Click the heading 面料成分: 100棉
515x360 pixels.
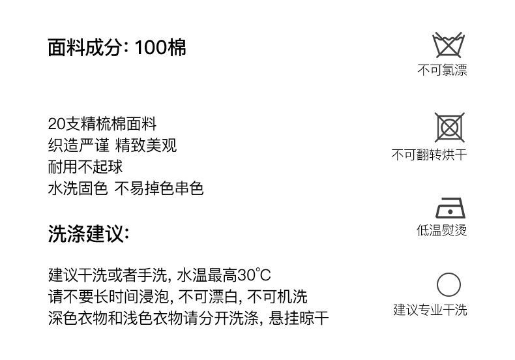tap(117, 48)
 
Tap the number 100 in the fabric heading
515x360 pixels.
tap(151, 48)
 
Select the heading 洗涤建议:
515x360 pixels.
tap(89, 234)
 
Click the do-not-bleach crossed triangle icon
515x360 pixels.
tap(449, 44)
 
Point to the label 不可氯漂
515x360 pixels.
tap(442, 70)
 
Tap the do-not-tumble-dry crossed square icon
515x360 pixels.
tap(450, 127)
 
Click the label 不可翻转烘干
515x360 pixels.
tap(430, 155)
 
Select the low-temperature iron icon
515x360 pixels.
tap(450, 208)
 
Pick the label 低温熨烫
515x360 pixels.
tap(442, 230)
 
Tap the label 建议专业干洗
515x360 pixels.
tap(430, 310)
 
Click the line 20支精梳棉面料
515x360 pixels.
tap(102, 124)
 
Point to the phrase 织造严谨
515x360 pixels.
tap(79, 145)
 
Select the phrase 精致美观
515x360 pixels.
tap(146, 145)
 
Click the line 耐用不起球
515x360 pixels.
tap(85, 166)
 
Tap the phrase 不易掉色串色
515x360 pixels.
tap(159, 188)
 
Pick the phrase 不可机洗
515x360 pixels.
tap(277, 297)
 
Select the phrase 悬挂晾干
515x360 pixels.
tap(299, 318)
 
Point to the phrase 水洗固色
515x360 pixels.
tap(78, 188)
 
